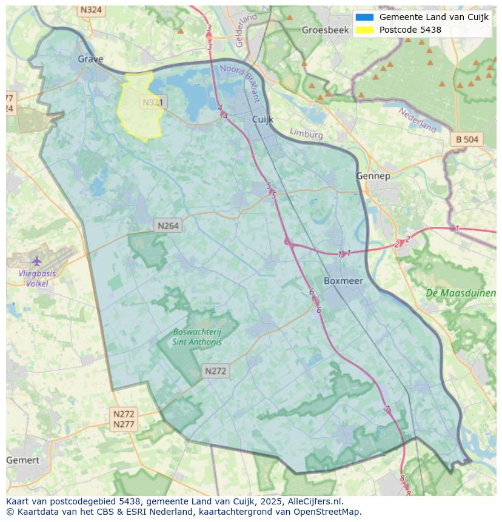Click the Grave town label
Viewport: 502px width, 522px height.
pos(90,59)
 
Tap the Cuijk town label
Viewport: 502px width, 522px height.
pos(264,119)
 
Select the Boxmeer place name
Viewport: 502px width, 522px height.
pos(343,281)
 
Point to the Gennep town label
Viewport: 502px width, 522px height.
pos(373,176)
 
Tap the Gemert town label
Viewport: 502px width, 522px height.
pos(22,460)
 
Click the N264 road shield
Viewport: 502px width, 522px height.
pos(168,226)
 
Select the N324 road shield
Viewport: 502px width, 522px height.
pos(91,10)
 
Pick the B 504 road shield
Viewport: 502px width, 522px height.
pos(467,139)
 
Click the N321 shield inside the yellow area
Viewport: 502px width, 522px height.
pos(152,102)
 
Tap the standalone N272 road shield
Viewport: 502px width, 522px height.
pos(215,371)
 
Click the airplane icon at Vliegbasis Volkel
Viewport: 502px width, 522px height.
pos(37,261)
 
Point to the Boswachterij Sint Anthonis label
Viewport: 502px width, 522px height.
pos(198,336)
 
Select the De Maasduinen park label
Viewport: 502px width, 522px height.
pos(461,293)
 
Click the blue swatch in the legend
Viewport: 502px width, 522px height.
pos(364,17)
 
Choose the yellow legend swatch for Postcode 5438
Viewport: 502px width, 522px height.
pos(364,30)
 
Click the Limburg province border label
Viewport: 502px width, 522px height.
pos(306,133)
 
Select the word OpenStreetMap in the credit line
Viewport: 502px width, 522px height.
pos(327,512)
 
